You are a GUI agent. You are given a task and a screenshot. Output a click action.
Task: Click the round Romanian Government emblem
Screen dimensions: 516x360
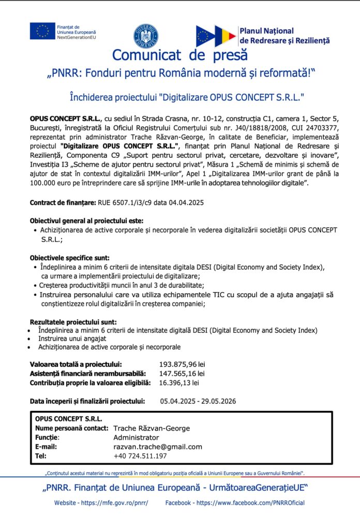click(x=146, y=36)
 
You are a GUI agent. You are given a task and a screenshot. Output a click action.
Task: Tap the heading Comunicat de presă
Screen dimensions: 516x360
click(x=179, y=55)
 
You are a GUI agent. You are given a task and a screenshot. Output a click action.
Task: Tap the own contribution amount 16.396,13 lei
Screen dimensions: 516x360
click(x=179, y=382)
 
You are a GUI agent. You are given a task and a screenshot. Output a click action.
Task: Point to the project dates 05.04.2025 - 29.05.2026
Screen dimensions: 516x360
click(x=198, y=401)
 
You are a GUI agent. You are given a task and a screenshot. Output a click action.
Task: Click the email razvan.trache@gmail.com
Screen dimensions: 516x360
click(x=158, y=447)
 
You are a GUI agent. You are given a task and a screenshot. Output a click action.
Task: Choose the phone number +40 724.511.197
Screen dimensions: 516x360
click(x=140, y=456)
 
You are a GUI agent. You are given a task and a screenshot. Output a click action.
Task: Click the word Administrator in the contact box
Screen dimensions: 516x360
click(x=136, y=437)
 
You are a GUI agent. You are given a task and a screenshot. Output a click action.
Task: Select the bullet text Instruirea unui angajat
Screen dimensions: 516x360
click(x=72, y=338)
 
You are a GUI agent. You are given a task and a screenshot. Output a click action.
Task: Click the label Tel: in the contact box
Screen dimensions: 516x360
click(x=41, y=456)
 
